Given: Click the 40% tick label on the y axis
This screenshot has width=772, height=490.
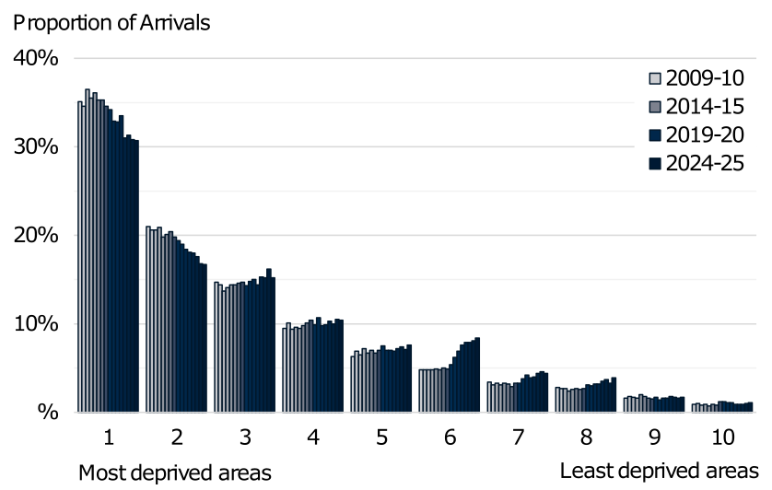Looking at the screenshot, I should (x=37, y=58).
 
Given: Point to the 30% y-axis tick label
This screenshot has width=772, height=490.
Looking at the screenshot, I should (x=37, y=146).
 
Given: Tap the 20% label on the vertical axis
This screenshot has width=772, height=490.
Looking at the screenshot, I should (x=37, y=235).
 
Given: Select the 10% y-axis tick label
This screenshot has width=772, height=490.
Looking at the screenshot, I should (x=37, y=323).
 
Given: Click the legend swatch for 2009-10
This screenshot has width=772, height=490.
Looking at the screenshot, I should (x=655, y=77).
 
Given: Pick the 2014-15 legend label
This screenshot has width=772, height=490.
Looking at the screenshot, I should (x=706, y=106).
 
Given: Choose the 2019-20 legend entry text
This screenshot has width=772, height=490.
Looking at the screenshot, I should (x=706, y=134).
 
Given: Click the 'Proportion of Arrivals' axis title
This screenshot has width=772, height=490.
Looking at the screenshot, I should (x=111, y=22).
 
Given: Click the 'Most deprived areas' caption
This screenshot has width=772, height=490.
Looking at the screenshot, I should (x=175, y=472).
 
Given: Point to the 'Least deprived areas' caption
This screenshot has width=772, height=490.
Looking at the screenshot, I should (x=660, y=470).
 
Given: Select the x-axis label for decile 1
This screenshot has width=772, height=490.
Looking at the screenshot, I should (x=108, y=437).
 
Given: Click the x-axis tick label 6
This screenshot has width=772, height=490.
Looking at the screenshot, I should (x=450, y=437).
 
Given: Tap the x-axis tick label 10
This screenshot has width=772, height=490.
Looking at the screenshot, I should (x=722, y=437).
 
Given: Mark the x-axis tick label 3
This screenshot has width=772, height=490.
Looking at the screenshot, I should (x=244, y=437).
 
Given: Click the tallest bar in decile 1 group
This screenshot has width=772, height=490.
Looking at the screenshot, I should (x=88, y=249).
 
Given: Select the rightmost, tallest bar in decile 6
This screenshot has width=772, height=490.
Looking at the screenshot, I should (x=477, y=375).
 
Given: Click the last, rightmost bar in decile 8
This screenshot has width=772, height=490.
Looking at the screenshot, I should (x=614, y=394).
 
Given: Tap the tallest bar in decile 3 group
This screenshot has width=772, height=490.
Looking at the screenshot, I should (x=269, y=340).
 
